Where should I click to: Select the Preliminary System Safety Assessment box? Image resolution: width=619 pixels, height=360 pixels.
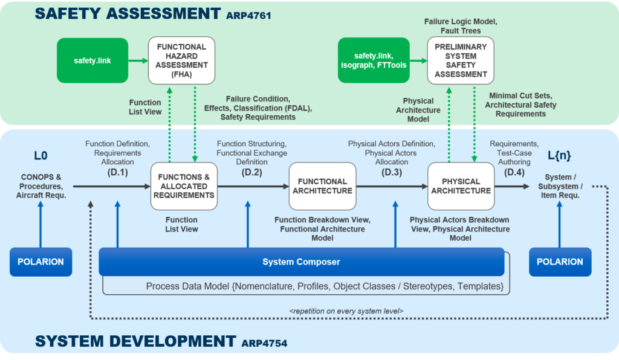pyautogui.click(x=460, y=60)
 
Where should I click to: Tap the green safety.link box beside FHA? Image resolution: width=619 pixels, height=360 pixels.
pyautogui.click(x=92, y=60)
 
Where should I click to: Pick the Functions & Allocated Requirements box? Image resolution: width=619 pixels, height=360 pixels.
pyautogui.click(x=183, y=186)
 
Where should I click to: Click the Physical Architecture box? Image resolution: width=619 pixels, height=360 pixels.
pyautogui.click(x=461, y=186)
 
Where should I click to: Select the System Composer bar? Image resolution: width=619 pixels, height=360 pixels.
pyautogui.click(x=301, y=262)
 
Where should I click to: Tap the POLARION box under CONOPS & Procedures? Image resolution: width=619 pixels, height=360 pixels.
pyautogui.click(x=41, y=262)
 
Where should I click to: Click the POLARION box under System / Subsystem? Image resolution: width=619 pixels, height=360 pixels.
pyautogui.click(x=560, y=262)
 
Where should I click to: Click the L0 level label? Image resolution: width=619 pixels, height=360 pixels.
pyautogui.click(x=41, y=156)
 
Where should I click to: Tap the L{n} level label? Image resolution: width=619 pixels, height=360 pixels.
pyautogui.click(x=560, y=156)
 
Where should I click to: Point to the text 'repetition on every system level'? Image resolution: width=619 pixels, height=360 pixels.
pyautogui.click(x=346, y=310)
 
